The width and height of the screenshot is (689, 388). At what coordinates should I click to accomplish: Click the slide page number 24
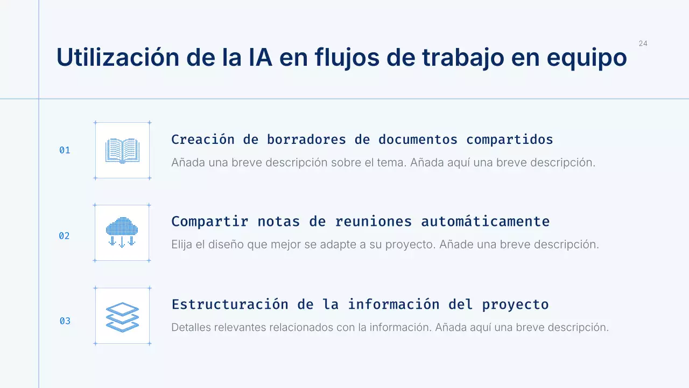coord(643,44)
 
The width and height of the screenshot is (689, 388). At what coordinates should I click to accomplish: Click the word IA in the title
coord(249,58)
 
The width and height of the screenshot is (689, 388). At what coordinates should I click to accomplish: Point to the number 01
coord(65,150)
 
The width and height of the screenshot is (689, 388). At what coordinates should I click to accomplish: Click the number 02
coord(65,235)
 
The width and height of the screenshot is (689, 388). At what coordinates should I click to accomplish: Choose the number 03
coord(65,321)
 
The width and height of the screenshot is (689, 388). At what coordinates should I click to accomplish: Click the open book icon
coord(122,151)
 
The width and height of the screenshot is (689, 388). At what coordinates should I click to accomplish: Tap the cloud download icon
coord(122,232)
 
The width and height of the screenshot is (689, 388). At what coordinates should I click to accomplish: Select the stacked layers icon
coord(122,316)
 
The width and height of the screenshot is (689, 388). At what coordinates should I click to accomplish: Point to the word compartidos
coord(509,140)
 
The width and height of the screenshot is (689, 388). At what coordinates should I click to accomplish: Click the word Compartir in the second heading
coord(209,221)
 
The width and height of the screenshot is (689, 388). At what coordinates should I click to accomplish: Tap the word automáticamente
coord(485,221)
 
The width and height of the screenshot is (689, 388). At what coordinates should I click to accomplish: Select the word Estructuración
coord(230,304)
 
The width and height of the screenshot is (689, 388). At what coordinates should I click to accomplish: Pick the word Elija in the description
coord(182,244)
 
